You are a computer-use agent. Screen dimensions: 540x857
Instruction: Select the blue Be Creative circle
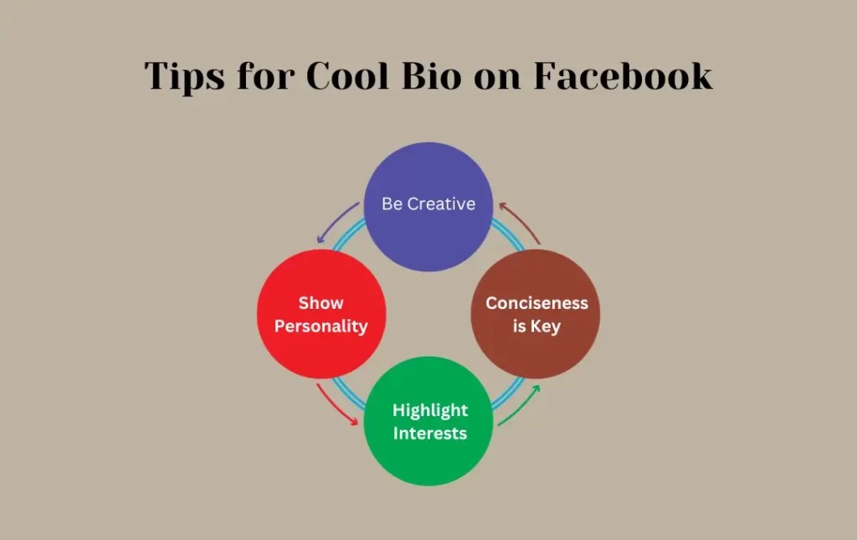pyautogui.click(x=428, y=206)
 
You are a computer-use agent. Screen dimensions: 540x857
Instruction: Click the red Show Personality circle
pyautogui.click(x=321, y=314)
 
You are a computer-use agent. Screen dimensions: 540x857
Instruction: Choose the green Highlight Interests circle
pyautogui.click(x=428, y=421)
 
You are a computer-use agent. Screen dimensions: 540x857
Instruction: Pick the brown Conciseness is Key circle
pyautogui.click(x=536, y=314)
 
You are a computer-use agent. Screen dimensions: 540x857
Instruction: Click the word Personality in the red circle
pyautogui.click(x=321, y=327)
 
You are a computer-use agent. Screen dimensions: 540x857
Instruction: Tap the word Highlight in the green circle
pyautogui.click(x=430, y=410)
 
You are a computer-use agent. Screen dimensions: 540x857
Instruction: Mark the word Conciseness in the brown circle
pyautogui.click(x=536, y=303)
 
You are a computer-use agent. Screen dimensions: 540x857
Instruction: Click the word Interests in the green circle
pyautogui.click(x=430, y=433)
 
